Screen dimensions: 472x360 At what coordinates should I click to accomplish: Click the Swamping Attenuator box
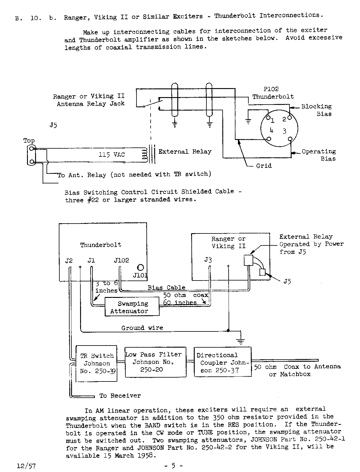132,307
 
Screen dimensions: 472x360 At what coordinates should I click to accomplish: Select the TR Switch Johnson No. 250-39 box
97,363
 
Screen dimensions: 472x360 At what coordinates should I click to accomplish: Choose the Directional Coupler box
222,362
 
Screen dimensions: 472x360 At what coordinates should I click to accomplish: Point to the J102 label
121,260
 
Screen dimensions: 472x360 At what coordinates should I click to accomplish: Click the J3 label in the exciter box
208,260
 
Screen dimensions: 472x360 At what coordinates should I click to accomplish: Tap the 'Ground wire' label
142,328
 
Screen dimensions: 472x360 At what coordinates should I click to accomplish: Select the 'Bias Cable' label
166,287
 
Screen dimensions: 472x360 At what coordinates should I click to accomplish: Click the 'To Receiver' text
120,396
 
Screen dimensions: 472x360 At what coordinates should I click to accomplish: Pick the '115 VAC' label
112,155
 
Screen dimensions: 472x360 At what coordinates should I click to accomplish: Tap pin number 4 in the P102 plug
271,130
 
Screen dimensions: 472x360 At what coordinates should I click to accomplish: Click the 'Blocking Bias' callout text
316,110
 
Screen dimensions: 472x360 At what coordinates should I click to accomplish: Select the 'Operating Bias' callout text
319,155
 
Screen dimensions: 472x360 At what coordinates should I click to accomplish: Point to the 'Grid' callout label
264,165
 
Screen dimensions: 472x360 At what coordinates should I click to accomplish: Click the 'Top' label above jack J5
29,141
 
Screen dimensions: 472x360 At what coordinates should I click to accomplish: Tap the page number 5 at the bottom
173,465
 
